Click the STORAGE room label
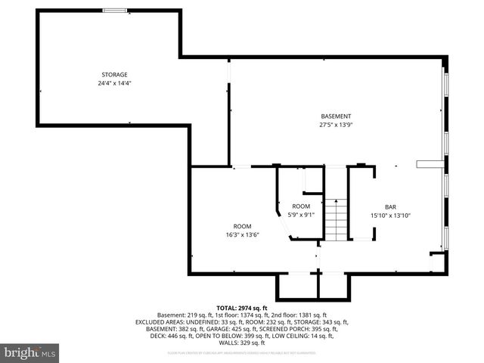(x=115, y=74)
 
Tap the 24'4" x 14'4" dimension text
(x=115, y=82)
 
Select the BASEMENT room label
(x=336, y=116)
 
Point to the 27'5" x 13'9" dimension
(x=336, y=124)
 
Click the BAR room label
(x=390, y=206)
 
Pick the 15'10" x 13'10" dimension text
(x=390, y=216)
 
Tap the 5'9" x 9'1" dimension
(x=302, y=215)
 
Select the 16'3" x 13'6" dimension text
(x=243, y=234)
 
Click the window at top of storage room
(x=116, y=11)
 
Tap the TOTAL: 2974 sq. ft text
(x=241, y=308)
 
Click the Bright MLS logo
(x=30, y=352)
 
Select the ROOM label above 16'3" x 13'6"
(x=243, y=226)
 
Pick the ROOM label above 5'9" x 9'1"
(x=302, y=206)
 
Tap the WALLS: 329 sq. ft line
(x=241, y=343)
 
